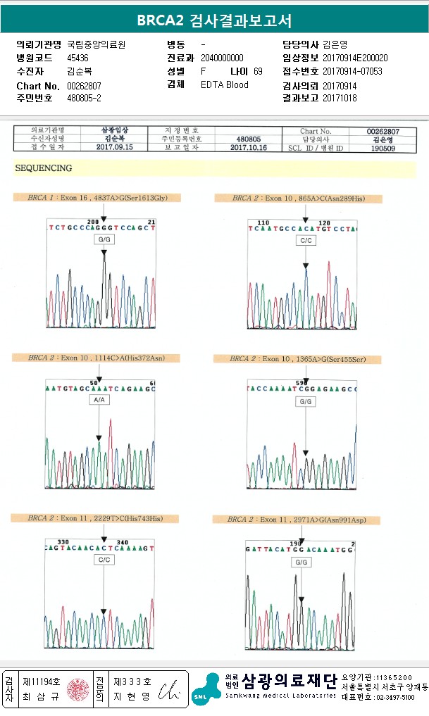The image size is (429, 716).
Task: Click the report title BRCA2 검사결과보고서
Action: [x=214, y=20]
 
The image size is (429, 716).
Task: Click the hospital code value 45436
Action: [x=77, y=58]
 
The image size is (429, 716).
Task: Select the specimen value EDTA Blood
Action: [x=225, y=84]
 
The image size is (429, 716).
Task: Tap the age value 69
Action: [x=258, y=71]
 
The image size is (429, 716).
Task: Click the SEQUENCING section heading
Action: [x=44, y=168]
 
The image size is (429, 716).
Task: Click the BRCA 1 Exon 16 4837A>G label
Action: [x=94, y=198]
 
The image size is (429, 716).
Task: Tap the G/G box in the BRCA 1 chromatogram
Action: [x=105, y=239]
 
